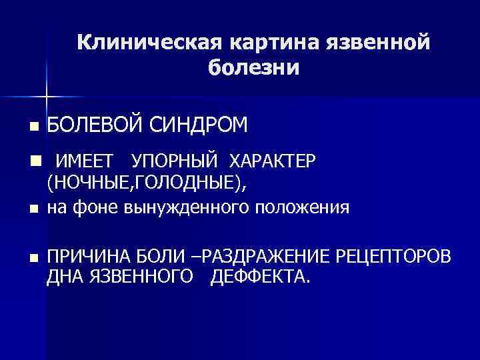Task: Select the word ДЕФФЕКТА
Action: (261, 276)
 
